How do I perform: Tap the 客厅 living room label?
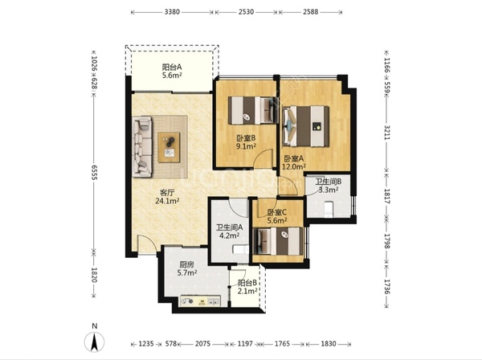168,193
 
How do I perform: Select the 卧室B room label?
246,138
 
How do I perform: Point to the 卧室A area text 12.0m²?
294,166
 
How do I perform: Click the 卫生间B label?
329,182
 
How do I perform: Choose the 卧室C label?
277,212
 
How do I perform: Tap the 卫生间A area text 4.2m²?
229,235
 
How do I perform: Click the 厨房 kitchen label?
187,264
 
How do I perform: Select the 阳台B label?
247,283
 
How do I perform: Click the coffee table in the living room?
169,147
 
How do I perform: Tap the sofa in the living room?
142,147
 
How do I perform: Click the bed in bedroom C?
278,241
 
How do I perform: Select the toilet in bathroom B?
329,209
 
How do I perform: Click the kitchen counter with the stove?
200,301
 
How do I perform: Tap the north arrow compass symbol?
94,342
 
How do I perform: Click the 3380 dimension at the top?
172,12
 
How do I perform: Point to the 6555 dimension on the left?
94,173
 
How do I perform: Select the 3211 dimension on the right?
386,133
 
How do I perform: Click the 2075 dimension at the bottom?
203,343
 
